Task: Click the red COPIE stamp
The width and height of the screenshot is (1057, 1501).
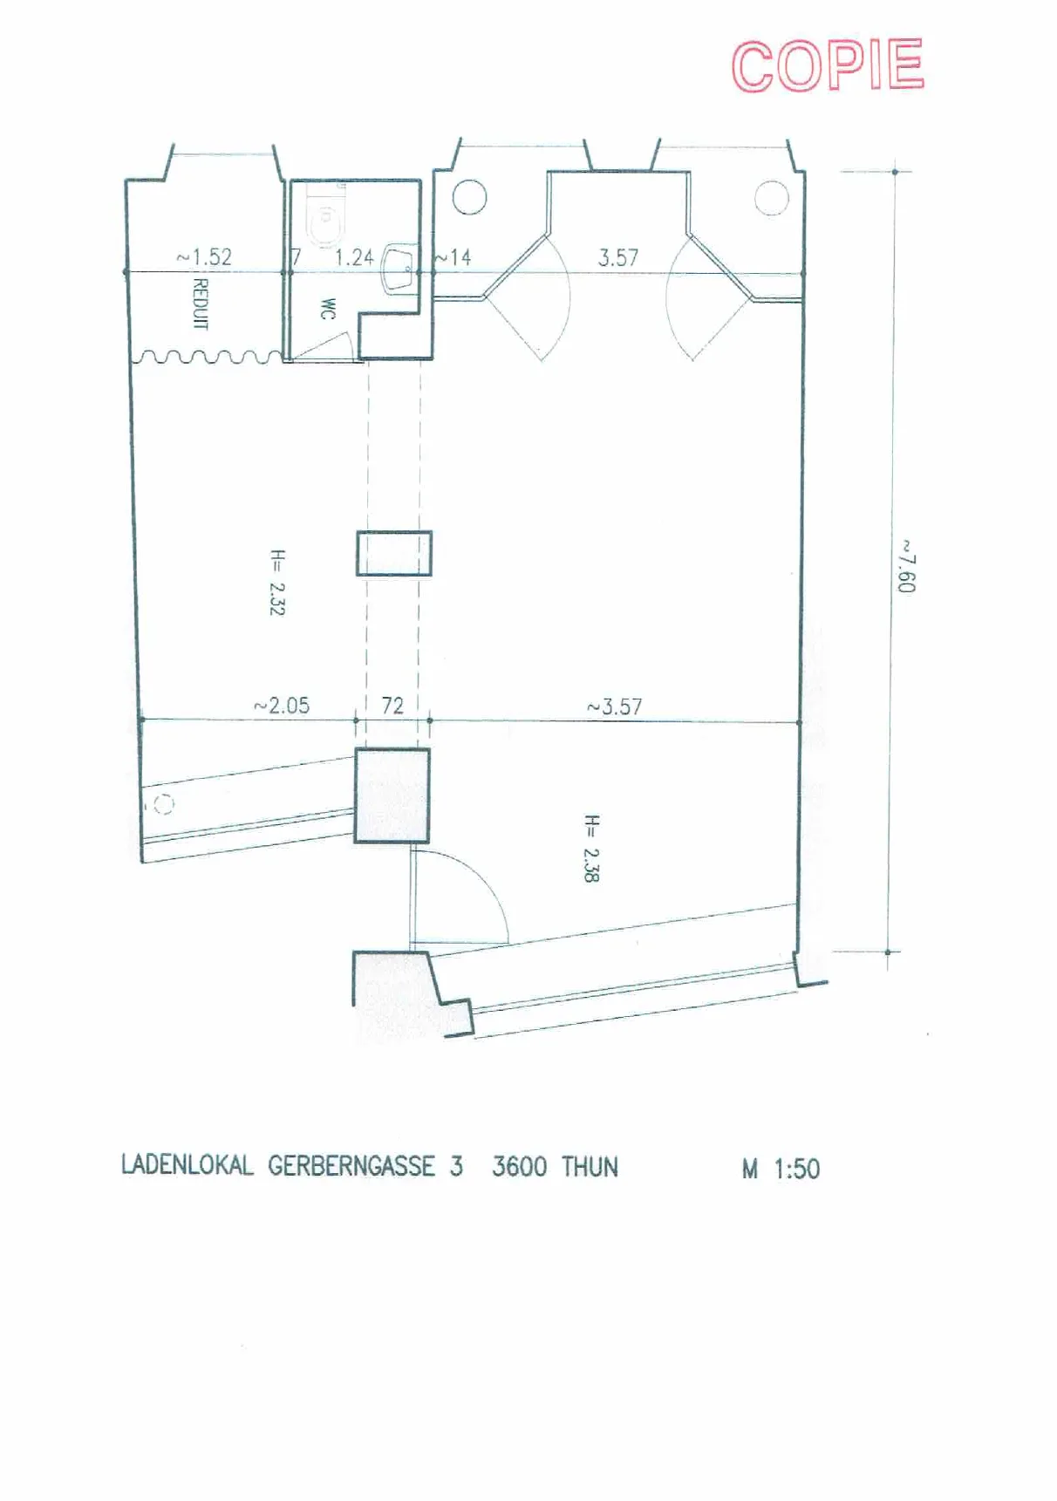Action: coord(828,65)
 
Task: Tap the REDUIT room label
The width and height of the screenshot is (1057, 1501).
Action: coord(200,304)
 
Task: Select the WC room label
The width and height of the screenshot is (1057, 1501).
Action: coord(328,309)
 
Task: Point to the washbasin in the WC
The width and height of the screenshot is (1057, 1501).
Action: coord(399,266)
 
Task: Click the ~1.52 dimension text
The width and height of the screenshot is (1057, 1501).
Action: coord(204,257)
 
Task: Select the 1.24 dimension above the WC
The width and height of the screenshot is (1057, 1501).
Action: coord(354,257)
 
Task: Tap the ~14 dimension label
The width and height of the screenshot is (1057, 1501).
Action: coord(453,257)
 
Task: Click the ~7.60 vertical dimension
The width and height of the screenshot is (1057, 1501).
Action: coord(907,566)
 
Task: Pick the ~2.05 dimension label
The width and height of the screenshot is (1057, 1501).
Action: coord(282,706)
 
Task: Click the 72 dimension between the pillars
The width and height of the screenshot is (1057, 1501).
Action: coord(392,706)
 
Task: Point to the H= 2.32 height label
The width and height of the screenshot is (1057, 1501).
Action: coord(277,583)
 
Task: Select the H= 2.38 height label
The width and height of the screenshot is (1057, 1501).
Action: coord(591,849)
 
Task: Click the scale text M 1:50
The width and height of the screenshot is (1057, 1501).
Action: coord(781,1169)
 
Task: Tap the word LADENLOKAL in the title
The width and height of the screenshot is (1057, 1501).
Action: coord(188,1165)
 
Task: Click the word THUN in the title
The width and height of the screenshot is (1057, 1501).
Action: coord(590,1167)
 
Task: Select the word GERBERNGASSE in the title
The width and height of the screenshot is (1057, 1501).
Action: coord(351,1166)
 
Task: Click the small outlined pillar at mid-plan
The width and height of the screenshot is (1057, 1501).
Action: coord(394,553)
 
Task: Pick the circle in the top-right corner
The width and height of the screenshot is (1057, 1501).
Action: coord(771,197)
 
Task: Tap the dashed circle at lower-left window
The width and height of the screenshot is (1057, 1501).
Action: coord(163,805)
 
